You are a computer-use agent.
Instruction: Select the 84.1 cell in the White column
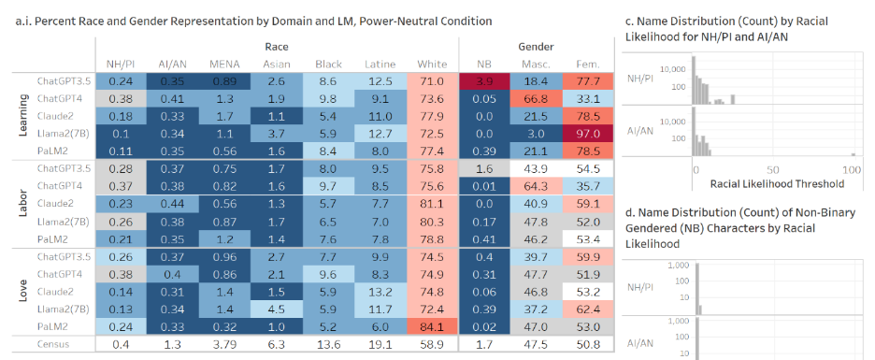click(432, 327)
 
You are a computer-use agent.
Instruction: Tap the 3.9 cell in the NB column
click(484, 82)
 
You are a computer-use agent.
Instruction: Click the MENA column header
click(224, 64)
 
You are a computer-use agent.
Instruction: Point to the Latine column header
click(380, 64)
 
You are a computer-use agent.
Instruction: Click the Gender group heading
click(536, 46)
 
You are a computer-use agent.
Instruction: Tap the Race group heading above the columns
click(277, 46)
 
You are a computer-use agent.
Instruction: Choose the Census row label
click(53, 345)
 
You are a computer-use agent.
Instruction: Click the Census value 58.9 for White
click(432, 345)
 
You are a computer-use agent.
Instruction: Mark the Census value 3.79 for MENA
click(224, 345)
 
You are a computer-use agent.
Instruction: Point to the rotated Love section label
click(22, 292)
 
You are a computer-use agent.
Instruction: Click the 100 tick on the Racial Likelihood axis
click(851, 169)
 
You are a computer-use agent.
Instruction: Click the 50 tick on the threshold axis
click(772, 169)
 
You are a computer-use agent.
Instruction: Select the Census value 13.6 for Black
click(328, 345)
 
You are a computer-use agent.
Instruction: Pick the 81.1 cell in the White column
click(432, 203)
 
